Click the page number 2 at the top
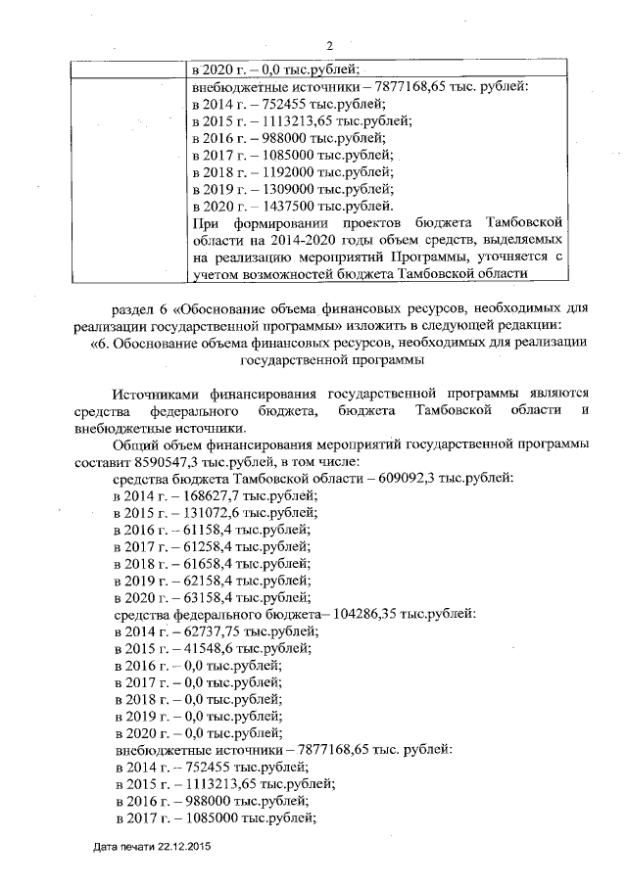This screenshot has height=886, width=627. [x=329, y=44]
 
